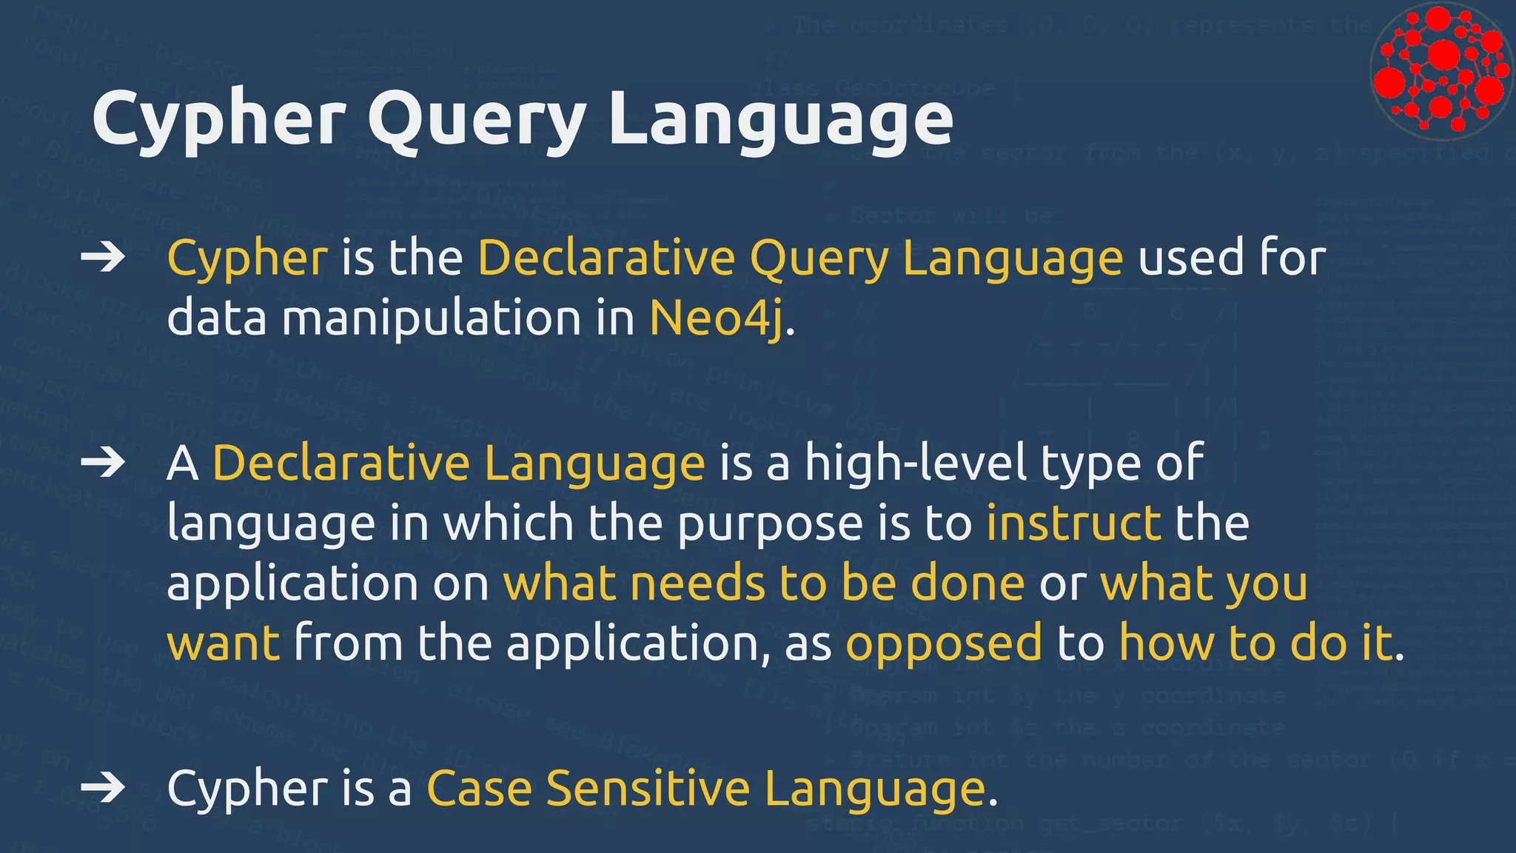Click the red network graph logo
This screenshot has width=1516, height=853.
pos(1440,71)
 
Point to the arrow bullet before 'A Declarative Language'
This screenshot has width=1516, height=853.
pos(103,463)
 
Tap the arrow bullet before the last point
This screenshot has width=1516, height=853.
pos(103,787)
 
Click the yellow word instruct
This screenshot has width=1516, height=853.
pos(1073,523)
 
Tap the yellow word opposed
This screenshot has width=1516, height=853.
pos(944,643)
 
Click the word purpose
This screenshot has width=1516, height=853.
pos(770,524)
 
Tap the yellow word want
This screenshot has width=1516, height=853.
pos(224,643)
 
